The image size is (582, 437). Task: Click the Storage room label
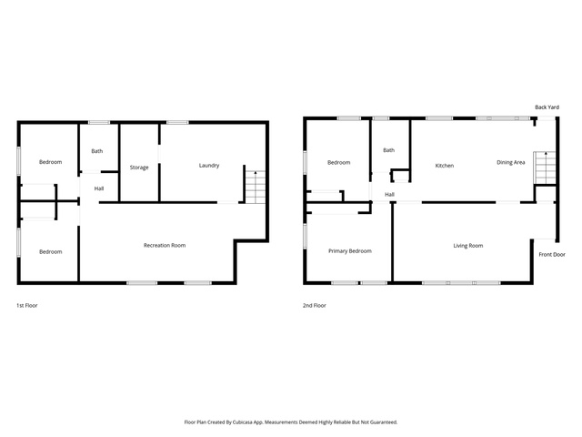click(139, 168)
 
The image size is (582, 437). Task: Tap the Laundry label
click(209, 166)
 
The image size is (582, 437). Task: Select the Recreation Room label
click(165, 245)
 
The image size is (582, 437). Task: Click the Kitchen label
click(445, 166)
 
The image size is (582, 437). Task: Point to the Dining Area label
click(511, 162)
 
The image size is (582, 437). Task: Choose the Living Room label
click(468, 246)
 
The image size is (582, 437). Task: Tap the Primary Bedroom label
click(349, 251)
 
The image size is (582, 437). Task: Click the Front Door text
click(552, 255)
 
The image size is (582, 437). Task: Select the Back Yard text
click(547, 107)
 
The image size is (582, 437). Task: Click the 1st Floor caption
click(26, 306)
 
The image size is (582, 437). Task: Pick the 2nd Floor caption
click(315, 306)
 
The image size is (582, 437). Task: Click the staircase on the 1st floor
click(256, 187)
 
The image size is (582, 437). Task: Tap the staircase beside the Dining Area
click(545, 168)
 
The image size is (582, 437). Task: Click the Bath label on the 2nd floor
click(388, 150)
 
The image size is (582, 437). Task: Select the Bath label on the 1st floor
click(97, 151)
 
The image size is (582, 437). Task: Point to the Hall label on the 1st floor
click(99, 188)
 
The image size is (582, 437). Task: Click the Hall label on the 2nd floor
click(389, 194)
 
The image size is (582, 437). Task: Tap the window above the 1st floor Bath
click(99, 122)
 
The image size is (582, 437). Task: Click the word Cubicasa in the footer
click(243, 422)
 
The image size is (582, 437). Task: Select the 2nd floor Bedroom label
click(338, 162)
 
